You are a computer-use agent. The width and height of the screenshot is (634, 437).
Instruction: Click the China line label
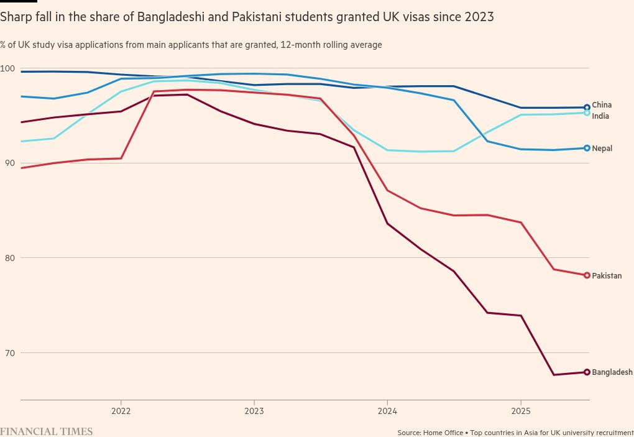pos(602,105)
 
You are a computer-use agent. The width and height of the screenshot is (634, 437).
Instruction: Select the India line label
pos(600,116)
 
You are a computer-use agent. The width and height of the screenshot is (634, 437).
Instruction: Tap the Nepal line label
pos(602,149)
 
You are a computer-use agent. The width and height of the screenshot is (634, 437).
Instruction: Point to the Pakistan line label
pos(607,275)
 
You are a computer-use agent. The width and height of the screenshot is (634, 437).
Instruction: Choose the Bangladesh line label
pos(612,372)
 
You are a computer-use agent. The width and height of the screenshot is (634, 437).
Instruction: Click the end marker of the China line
pos(587,108)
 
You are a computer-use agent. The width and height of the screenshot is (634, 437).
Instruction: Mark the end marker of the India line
pos(587,113)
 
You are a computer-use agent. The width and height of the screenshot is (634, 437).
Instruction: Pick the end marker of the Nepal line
pos(587,148)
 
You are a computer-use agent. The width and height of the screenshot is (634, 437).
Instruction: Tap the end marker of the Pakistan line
pos(587,275)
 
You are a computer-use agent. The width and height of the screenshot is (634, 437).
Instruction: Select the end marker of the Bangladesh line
pos(587,372)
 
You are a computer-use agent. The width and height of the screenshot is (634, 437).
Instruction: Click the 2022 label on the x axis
pos(121,411)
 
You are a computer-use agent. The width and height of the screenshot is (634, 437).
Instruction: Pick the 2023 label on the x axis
pos(254,411)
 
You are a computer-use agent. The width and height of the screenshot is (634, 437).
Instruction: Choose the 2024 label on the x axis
pos(387,411)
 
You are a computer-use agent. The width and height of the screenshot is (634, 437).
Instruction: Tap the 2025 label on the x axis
pos(520,411)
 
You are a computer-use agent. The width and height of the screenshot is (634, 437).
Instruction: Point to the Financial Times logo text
pos(47,431)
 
